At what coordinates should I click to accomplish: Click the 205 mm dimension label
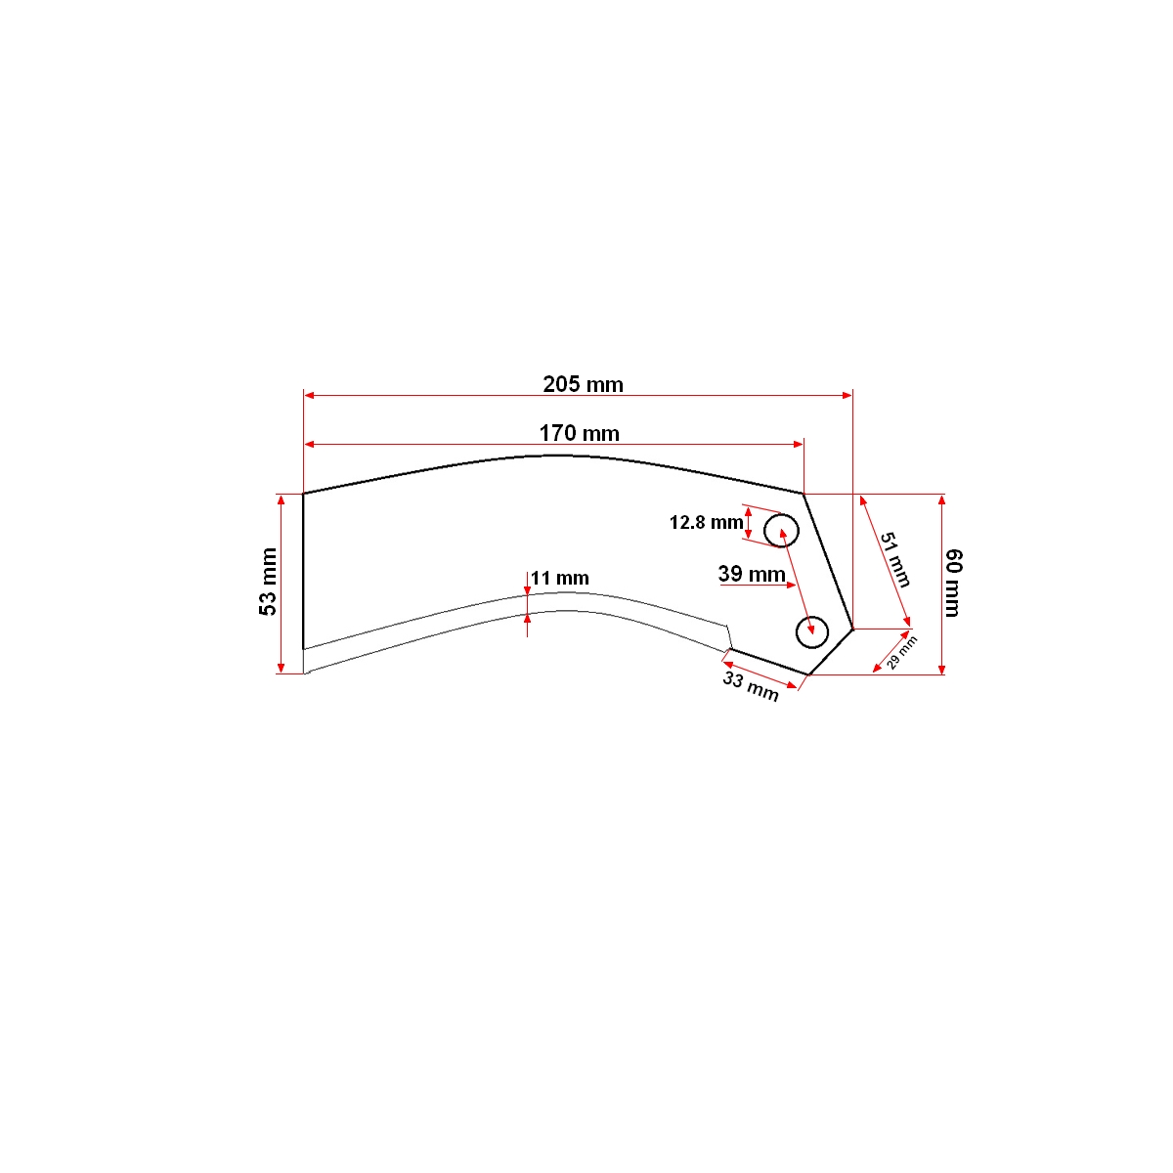pyautogui.click(x=583, y=385)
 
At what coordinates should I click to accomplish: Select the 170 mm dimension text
pyautogui.click(x=579, y=433)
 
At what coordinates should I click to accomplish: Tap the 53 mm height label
pyautogui.click(x=268, y=582)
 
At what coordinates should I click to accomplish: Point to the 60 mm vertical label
pyautogui.click(x=953, y=583)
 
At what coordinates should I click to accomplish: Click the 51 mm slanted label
pyautogui.click(x=895, y=560)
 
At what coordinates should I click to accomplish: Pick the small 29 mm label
pyautogui.click(x=901, y=653)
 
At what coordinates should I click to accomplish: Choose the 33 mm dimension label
pyautogui.click(x=751, y=686)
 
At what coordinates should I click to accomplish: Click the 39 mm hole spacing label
pyautogui.click(x=751, y=574)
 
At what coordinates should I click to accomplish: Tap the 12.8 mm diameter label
pyautogui.click(x=706, y=522)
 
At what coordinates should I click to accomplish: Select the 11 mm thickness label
pyautogui.click(x=560, y=578)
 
